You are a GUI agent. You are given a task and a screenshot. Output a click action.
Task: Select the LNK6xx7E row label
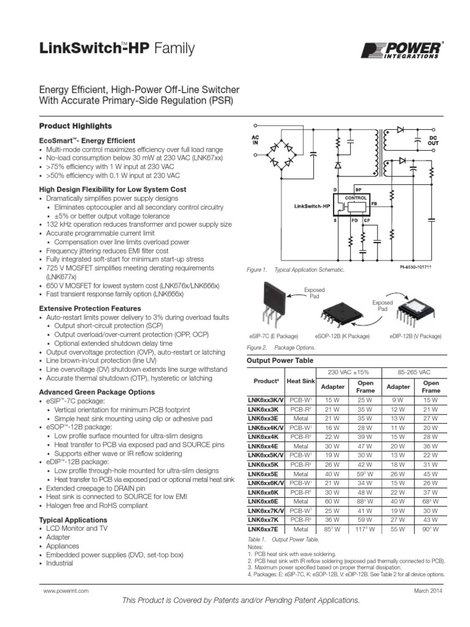(264, 528)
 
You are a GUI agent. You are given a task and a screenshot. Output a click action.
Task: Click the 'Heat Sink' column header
(300, 381)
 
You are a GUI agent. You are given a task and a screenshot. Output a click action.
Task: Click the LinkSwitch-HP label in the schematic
(311, 206)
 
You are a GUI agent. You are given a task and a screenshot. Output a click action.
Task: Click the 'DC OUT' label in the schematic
(433, 140)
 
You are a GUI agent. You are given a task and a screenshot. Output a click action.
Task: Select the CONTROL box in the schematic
(356, 198)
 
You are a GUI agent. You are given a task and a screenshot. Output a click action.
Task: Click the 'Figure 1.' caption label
(256, 269)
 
